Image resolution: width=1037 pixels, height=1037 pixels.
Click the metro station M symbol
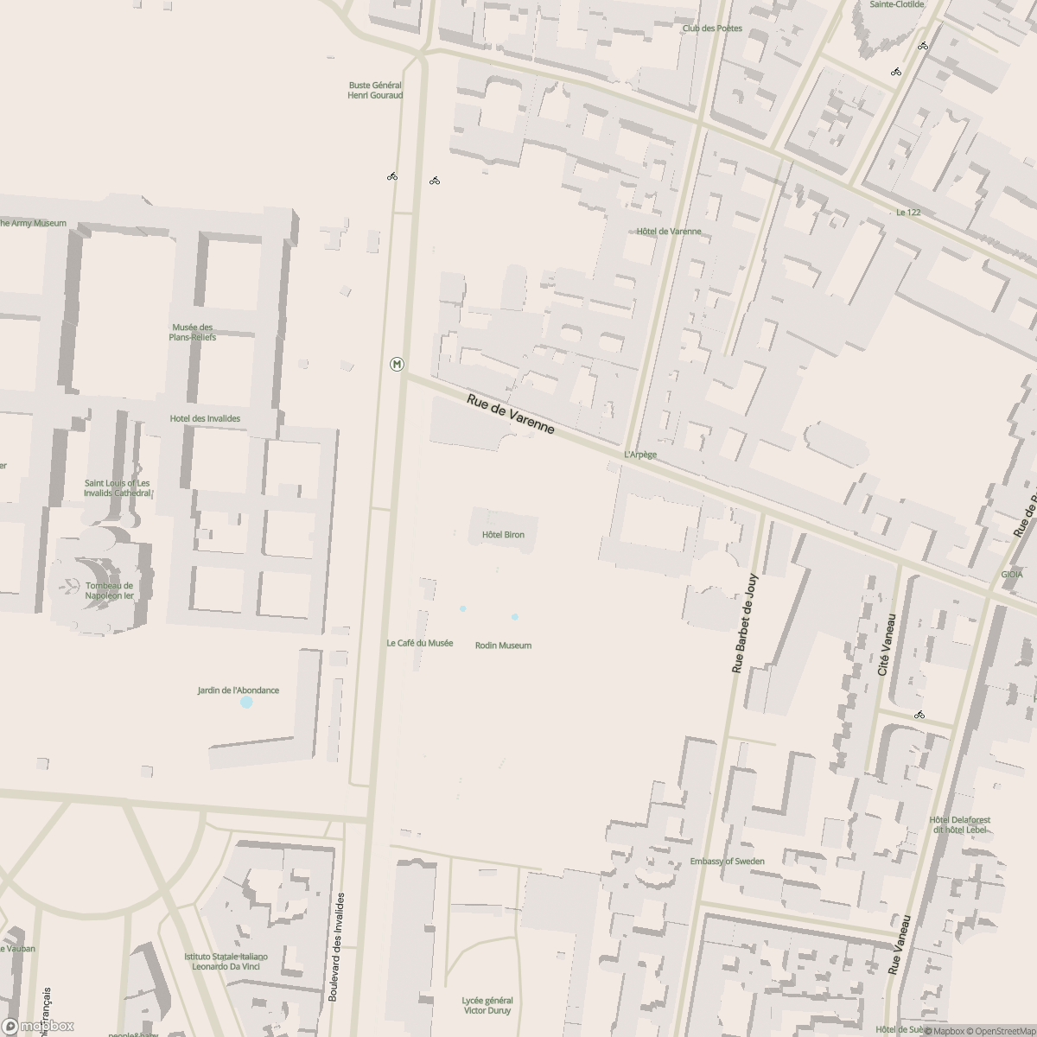coord(397,364)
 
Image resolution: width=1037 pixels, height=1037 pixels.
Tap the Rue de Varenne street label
coord(510,414)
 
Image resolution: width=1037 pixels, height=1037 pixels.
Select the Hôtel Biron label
coord(503,535)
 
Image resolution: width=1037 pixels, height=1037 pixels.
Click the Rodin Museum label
coord(503,646)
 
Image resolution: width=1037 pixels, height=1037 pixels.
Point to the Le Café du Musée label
coord(420,643)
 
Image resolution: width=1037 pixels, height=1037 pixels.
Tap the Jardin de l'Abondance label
coord(238,690)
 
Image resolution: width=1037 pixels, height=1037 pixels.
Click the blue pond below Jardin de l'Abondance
coord(246,703)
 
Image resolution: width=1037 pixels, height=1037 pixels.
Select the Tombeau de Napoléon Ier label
coord(110,590)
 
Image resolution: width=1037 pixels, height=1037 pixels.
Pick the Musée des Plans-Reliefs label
coord(193,332)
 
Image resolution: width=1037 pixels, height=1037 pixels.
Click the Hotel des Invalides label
coord(205,418)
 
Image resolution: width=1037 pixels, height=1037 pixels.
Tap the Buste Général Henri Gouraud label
coord(375,90)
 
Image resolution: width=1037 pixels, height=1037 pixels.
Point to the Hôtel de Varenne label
coord(669,232)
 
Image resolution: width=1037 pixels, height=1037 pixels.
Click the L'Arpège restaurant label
coord(640,455)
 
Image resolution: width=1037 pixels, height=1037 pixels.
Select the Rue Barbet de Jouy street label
coord(744,623)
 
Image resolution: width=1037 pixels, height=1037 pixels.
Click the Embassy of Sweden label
coord(727,862)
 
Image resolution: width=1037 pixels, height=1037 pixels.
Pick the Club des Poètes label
coord(712,29)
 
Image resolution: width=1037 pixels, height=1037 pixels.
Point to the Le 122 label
coord(908,213)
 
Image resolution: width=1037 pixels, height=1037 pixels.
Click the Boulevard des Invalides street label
coord(340,947)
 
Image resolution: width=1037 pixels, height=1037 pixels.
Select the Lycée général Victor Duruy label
coord(487,1005)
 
